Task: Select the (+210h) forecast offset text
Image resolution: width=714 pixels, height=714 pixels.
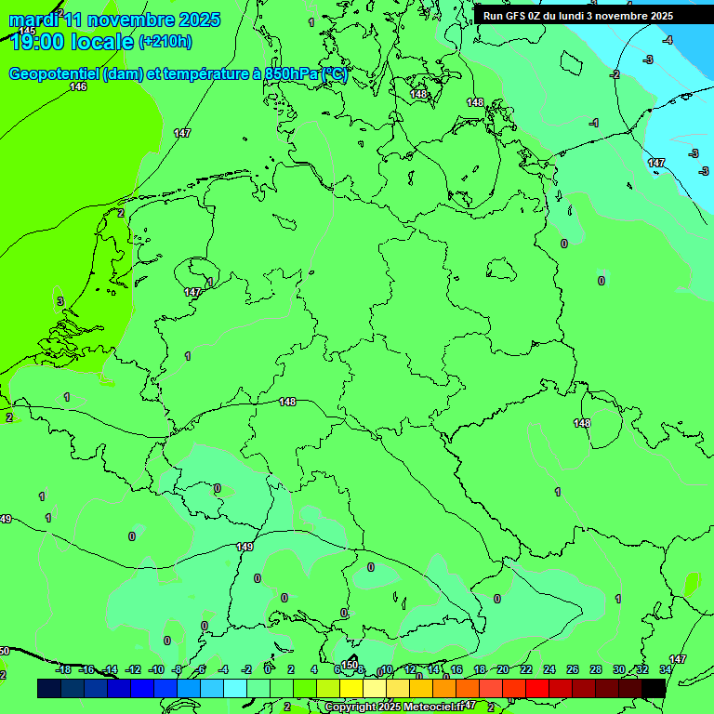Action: click(x=165, y=41)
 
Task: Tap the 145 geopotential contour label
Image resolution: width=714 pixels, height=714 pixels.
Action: click(x=27, y=32)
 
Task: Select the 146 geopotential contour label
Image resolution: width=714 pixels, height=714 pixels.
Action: click(x=78, y=86)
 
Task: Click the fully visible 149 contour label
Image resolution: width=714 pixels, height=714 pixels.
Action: click(x=245, y=548)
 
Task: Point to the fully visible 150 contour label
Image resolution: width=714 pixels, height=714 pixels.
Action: click(x=349, y=665)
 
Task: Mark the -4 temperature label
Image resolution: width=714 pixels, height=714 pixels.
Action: click(x=668, y=40)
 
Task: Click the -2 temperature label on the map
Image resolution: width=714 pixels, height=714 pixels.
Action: click(x=615, y=74)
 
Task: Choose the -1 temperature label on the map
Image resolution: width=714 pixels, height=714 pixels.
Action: click(x=594, y=123)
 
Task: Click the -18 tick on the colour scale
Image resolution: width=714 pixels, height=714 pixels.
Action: click(x=63, y=669)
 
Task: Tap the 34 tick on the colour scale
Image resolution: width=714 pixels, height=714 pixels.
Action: click(x=666, y=669)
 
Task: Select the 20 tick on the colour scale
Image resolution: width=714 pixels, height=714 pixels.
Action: click(x=503, y=669)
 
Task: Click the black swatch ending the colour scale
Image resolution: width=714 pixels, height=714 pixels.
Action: click(x=654, y=688)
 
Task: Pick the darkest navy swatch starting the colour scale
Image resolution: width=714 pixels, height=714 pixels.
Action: click(x=49, y=688)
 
